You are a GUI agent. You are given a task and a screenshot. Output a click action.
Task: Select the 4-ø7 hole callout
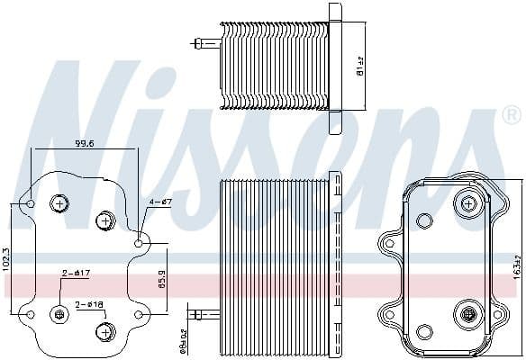(160, 202)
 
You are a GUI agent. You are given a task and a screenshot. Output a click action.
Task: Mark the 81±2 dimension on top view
(359, 66)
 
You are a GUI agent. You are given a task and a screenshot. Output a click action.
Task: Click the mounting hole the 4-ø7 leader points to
(139, 243)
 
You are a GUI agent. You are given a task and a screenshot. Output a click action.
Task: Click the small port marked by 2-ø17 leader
(60, 314)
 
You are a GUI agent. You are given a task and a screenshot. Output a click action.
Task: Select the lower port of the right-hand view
(468, 314)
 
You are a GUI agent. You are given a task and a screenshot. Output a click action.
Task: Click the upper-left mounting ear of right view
(389, 241)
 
